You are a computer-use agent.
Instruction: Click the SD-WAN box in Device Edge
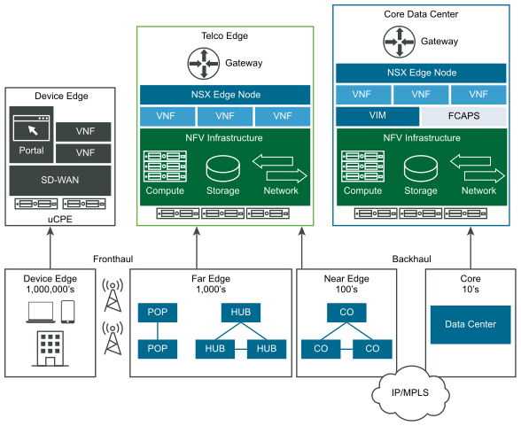coord(60,181)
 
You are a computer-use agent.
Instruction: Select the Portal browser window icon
coord(31,128)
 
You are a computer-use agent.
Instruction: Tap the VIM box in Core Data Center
coord(377,116)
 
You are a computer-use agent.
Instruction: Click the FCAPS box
coord(464,116)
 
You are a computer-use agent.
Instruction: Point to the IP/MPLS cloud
coord(410,394)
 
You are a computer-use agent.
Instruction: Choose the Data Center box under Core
coord(470,324)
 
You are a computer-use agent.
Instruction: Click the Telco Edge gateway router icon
coord(204,64)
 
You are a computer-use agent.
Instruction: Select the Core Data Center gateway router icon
coord(400,42)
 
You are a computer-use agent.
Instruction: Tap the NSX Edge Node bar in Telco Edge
coord(225,95)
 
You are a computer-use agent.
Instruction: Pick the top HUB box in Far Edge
coord(241,313)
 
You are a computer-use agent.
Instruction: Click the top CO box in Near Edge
coord(346,313)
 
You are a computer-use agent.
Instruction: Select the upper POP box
coord(158,313)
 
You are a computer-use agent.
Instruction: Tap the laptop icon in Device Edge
coord(41,313)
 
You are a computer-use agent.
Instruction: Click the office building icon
coord(51,349)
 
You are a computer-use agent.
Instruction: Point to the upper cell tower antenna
coord(113,295)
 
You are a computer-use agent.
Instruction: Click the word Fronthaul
coord(113,259)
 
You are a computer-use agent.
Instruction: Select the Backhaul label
coord(412,259)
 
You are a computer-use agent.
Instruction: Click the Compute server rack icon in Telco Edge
coord(165,167)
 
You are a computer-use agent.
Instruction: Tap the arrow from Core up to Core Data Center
coord(470,248)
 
